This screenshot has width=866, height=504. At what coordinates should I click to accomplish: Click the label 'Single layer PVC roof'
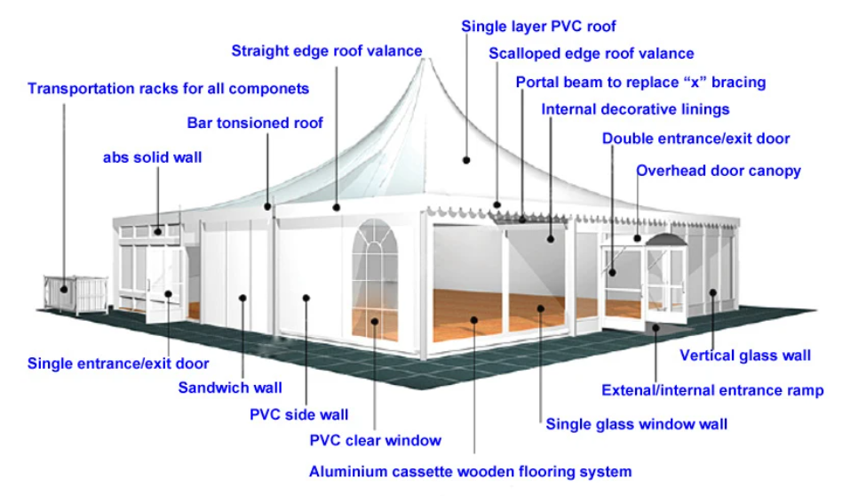538,27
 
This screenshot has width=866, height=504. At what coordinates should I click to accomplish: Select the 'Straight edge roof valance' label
327,51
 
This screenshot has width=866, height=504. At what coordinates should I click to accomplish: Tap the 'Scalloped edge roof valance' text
592,54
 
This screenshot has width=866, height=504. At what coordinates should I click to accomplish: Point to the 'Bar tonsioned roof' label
255,123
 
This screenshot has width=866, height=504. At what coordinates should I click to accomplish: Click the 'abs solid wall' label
153,158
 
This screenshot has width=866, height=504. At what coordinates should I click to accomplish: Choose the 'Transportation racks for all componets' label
169,89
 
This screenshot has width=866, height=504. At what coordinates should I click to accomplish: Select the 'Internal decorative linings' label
635,109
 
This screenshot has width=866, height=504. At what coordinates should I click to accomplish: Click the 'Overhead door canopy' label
719,171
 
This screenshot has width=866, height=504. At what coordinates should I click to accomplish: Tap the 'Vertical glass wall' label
745,356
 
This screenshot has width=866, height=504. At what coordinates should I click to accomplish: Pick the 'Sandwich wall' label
230,388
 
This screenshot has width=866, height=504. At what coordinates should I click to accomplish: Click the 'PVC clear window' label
375,440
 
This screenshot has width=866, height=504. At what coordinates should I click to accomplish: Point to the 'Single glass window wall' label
636,424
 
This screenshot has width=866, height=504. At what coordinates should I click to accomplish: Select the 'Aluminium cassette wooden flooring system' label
470,471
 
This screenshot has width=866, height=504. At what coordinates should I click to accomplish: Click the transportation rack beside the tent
75,294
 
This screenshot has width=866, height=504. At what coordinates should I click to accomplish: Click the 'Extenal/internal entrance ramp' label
712,390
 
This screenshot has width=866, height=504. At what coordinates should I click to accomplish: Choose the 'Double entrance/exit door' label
695,139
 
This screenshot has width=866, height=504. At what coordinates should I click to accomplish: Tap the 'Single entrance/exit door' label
118,363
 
